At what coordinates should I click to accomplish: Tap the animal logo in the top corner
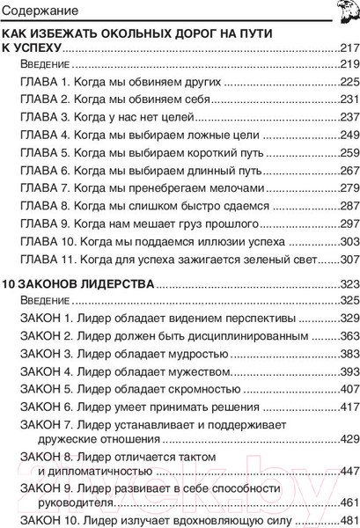click(345, 11)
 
